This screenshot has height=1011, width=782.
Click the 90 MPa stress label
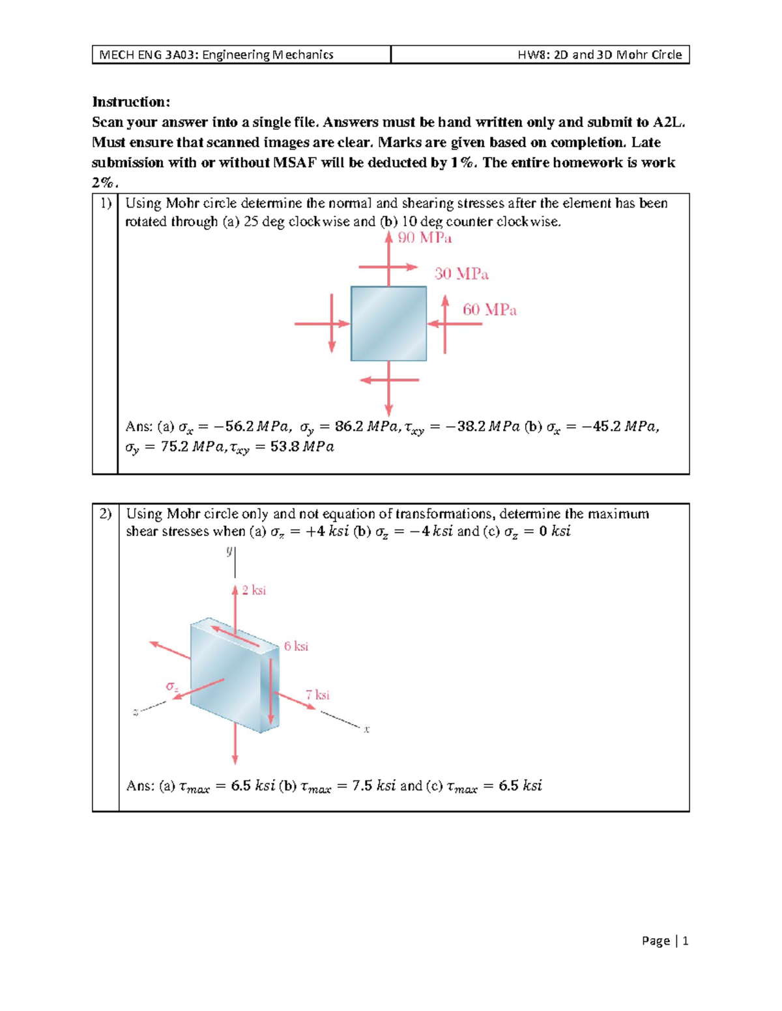click(425, 238)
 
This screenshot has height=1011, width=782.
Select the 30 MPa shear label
click(461, 274)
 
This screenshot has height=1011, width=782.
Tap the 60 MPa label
click(489, 310)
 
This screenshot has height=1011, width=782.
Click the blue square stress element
click(388, 324)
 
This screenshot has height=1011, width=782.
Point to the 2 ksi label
click(253, 590)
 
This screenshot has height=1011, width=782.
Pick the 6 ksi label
click(296, 646)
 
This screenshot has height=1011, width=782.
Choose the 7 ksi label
click(317, 695)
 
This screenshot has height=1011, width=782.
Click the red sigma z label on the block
click(172, 687)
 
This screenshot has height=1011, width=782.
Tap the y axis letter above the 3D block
click(229, 551)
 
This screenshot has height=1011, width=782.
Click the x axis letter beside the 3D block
click(367, 730)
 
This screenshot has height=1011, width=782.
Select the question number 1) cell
click(106, 203)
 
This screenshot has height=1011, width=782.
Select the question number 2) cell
click(106, 514)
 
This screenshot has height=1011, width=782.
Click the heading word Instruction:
click(131, 102)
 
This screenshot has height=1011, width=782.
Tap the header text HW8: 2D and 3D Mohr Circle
click(600, 55)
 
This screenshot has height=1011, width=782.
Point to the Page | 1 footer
click(665, 941)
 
